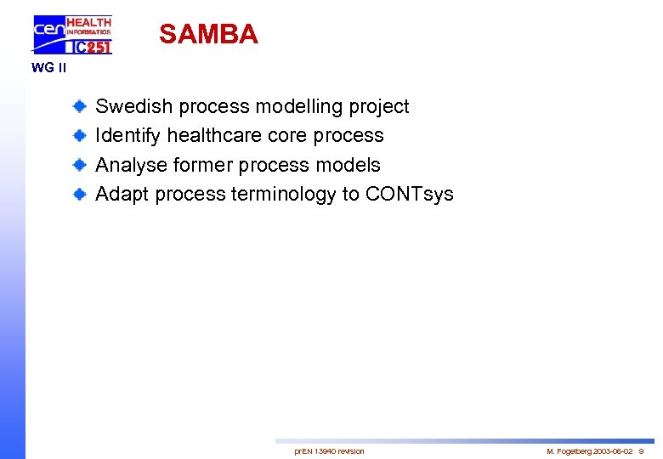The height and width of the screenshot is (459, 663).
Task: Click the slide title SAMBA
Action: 208,34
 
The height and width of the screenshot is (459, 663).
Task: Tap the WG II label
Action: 48,68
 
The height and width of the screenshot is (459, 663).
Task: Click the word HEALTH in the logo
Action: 88,21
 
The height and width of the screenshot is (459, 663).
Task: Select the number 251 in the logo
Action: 97,48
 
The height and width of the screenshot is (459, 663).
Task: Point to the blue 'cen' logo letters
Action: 48,32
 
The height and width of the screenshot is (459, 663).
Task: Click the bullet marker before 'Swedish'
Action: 78,106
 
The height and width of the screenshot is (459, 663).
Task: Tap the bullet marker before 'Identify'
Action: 78,136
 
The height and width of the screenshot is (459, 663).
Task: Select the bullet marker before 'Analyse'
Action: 78,165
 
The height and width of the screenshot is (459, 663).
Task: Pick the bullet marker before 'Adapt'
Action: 78,194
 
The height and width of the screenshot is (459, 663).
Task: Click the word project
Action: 377,107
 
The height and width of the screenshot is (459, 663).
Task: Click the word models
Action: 350,165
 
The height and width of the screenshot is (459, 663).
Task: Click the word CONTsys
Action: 409,195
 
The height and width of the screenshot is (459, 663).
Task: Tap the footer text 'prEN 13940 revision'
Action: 329,451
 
